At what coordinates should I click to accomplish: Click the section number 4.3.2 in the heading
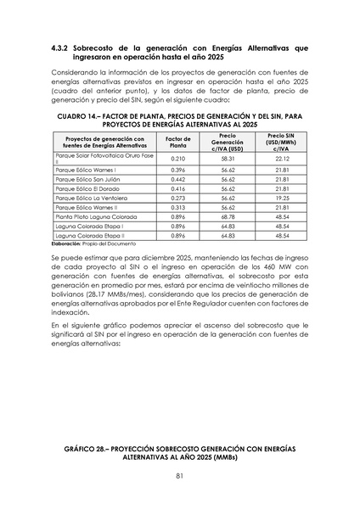[x=62, y=50]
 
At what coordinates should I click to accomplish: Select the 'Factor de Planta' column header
[x=178, y=142]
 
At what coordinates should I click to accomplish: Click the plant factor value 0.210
[x=178, y=159]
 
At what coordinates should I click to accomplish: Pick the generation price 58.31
[x=228, y=159]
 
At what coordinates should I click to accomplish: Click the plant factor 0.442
[x=178, y=181]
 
